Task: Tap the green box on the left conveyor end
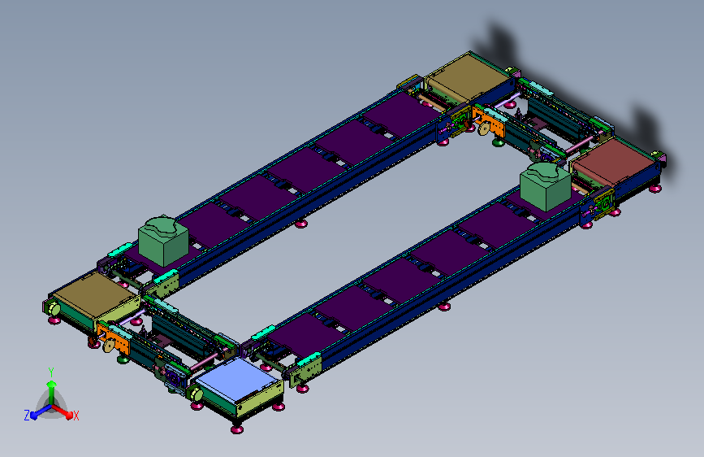(163, 241)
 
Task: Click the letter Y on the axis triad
(51, 372)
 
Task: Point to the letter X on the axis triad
(76, 416)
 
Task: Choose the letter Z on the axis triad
(27, 416)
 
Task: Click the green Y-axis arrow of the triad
(52, 392)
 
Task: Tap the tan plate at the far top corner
(468, 76)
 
